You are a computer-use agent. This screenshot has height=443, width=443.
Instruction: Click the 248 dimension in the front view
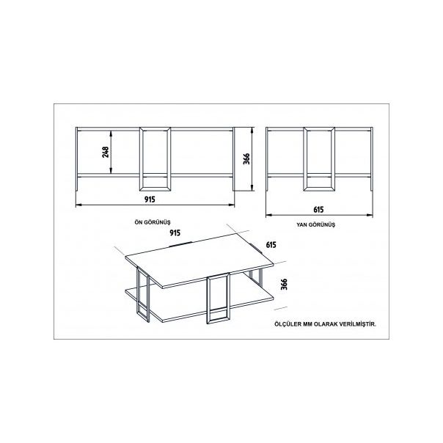pos(106,152)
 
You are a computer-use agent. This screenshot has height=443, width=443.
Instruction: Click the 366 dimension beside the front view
pos(246,158)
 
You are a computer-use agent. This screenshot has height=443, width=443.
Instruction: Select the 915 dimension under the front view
pos(150,199)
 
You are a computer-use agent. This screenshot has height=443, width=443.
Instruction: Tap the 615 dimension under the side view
pos(318,210)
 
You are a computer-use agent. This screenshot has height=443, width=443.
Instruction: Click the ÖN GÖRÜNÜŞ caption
pos(153,222)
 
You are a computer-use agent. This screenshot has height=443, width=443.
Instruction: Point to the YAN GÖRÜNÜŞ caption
pos(316,224)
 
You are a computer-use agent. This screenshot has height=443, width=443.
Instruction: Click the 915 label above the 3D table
pos(175,233)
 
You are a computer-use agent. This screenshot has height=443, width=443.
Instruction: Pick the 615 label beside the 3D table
pos(271,245)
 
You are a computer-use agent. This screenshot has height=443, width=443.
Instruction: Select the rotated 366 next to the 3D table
pos(284,285)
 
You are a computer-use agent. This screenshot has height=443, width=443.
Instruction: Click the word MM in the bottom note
pos(307,324)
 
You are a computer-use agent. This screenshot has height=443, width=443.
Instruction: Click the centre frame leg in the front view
pos(141,159)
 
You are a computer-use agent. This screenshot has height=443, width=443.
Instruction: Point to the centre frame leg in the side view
pos(305,159)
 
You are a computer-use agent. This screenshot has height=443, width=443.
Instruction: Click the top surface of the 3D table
pos(199,260)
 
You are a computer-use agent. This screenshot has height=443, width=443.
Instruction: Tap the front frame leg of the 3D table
pos(209,300)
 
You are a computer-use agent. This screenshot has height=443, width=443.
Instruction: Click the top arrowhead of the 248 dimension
pos(111,133)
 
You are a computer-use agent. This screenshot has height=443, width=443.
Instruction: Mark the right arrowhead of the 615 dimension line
pos(370,215)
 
